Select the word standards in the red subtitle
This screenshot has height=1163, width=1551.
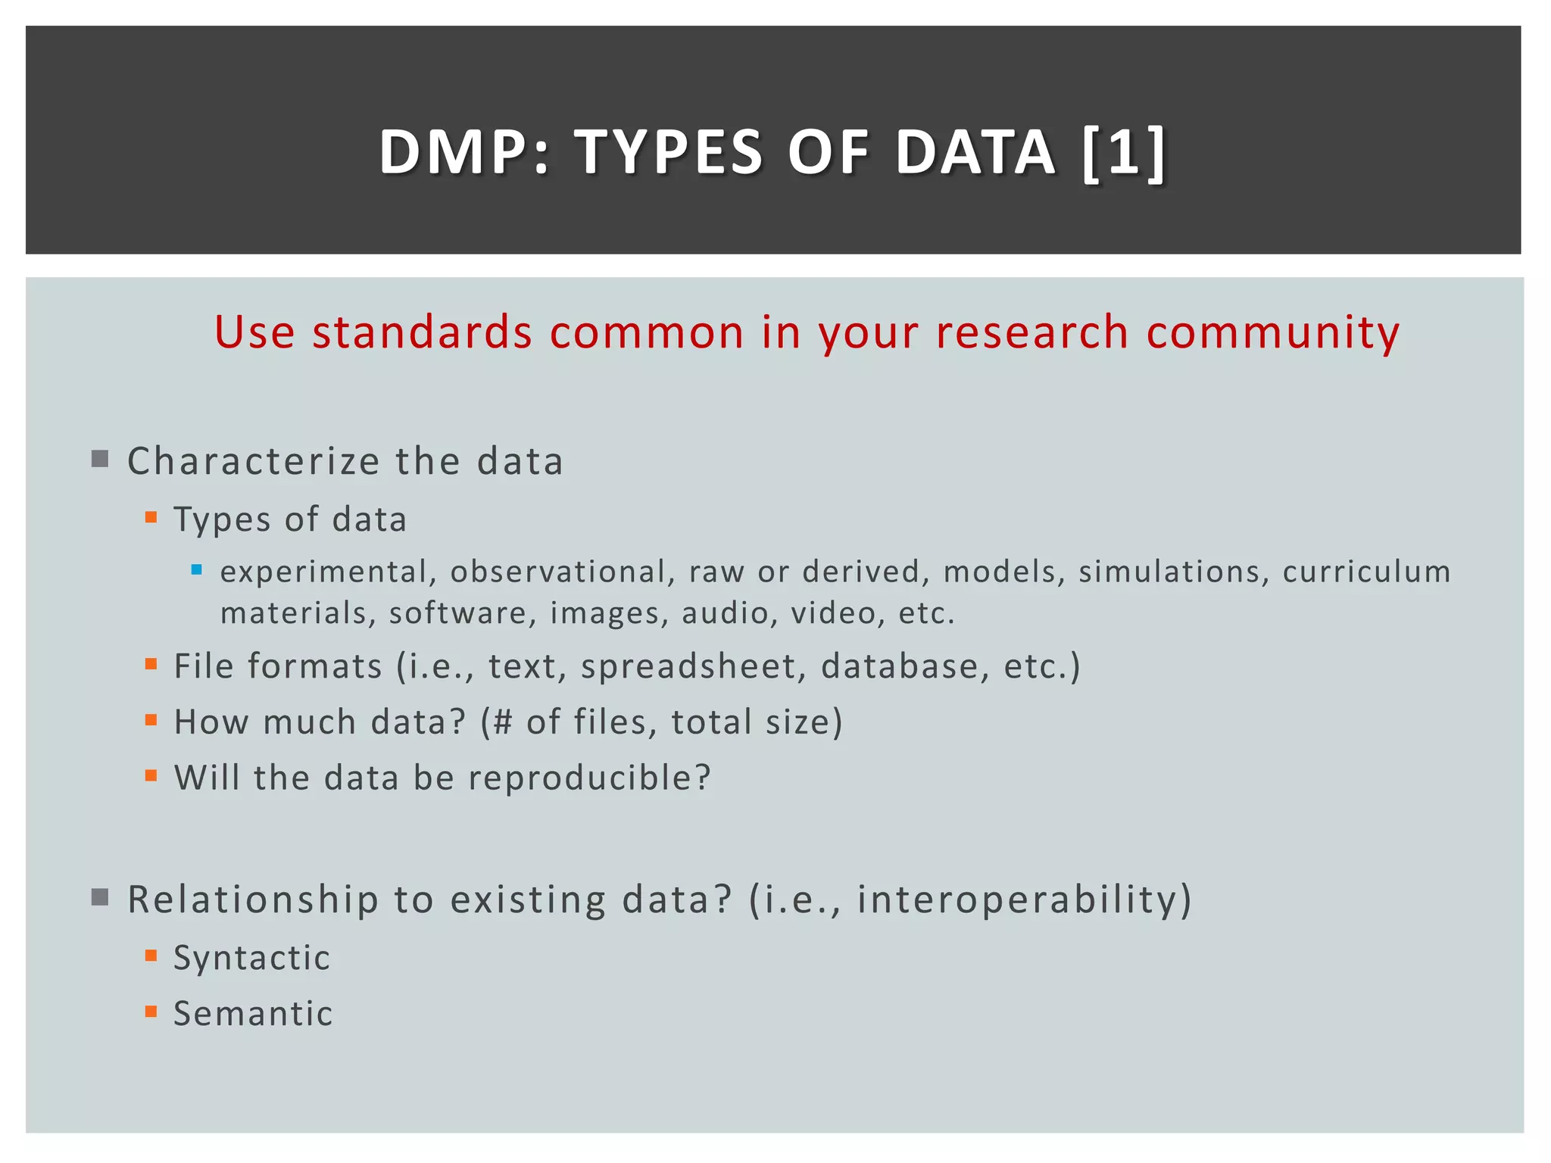point(422,332)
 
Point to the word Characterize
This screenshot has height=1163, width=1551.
point(254,461)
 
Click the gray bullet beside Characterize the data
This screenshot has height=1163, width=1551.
point(100,459)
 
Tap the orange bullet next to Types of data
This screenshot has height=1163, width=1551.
point(151,518)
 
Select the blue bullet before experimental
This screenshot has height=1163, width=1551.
point(197,570)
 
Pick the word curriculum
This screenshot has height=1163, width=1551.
point(1366,572)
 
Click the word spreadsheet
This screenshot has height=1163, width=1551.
point(688,666)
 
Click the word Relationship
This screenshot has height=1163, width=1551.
point(253,900)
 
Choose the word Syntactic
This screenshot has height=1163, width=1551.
point(251,958)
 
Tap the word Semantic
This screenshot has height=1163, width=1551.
point(253,1014)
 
